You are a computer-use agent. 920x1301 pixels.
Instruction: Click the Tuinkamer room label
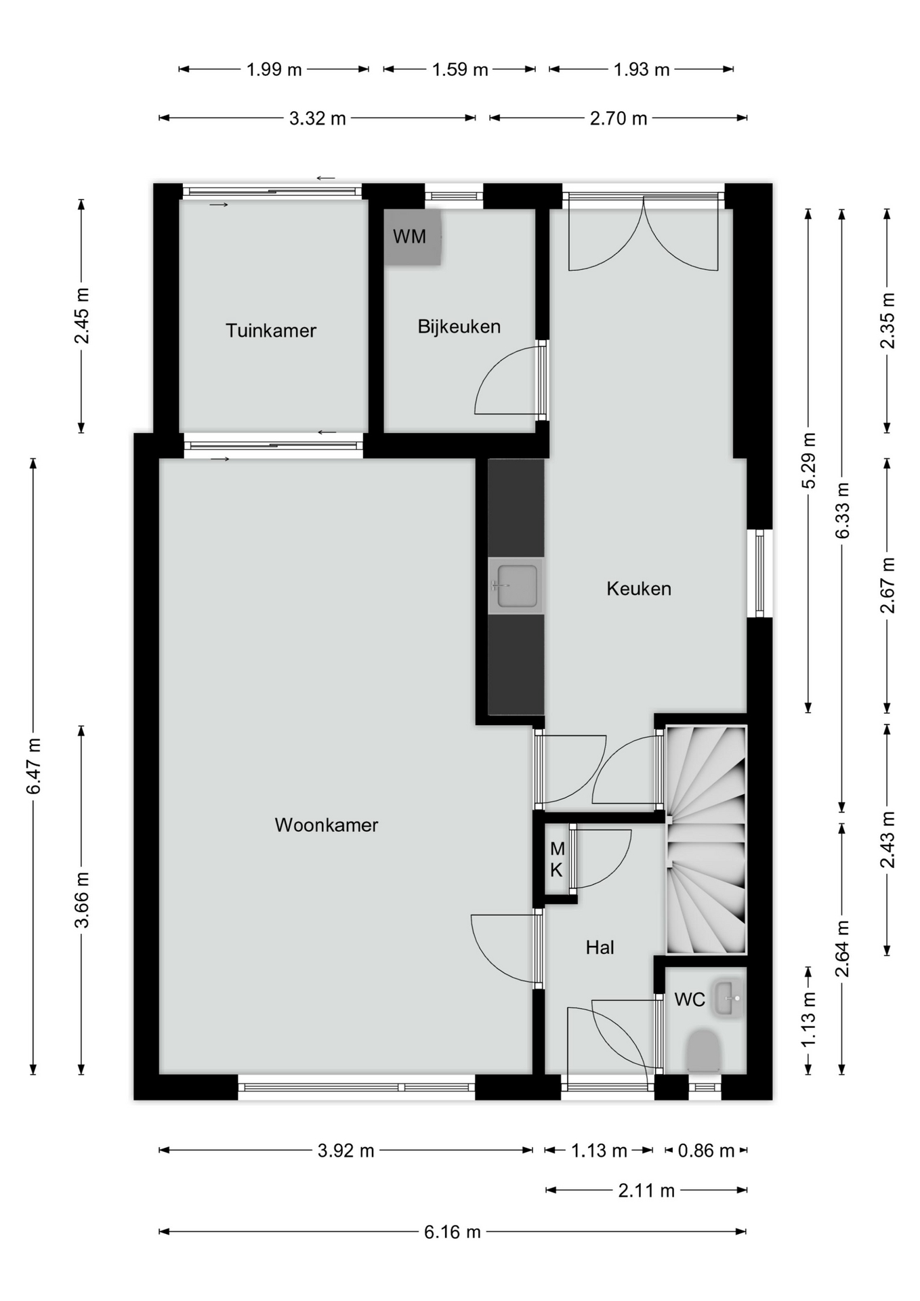pos(271,331)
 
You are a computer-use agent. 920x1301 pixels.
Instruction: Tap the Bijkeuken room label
pos(459,327)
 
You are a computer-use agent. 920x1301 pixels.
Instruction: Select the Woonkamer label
pos(327,825)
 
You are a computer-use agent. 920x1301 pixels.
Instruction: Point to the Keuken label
pos(639,588)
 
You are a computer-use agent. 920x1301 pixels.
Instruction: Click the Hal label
pos(600,947)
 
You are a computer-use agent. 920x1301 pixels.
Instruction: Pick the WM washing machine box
pos(413,237)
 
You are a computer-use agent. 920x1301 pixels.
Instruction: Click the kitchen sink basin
pos(518,586)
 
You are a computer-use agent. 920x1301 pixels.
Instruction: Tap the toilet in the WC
pos(703,1051)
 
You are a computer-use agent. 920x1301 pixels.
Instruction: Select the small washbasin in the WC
pos(728,998)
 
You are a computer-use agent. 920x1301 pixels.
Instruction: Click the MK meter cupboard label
pos(557,859)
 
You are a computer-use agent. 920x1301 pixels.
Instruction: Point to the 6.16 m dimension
pos(453,1232)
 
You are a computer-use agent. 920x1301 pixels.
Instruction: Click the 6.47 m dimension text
pos(34,766)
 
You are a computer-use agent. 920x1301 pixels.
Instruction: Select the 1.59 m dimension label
pos(460,69)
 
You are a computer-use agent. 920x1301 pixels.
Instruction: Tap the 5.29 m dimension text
pos(808,460)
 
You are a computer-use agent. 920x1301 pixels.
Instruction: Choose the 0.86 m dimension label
pos(707,1151)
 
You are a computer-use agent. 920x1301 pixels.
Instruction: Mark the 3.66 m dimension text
pos(82,901)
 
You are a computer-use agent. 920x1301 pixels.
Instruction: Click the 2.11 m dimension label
pos(646,1191)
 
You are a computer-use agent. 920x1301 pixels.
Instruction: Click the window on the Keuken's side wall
pos(759,573)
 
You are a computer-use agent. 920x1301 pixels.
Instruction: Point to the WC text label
pos(690,999)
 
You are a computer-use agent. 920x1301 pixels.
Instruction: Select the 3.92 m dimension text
pos(346,1151)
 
